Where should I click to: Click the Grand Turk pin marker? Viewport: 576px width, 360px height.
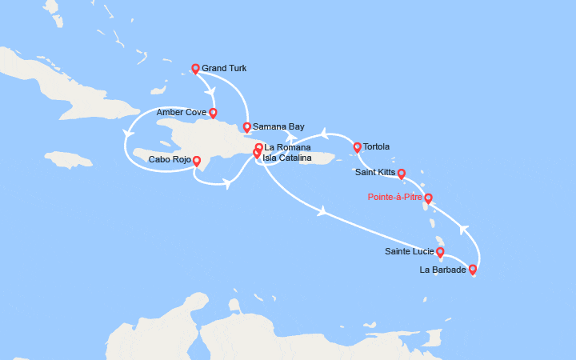195,69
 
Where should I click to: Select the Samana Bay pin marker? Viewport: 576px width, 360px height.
247,126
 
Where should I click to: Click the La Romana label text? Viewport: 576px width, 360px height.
286,147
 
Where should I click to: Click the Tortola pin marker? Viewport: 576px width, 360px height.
357,146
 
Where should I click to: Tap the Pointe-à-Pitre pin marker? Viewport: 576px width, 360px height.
428,198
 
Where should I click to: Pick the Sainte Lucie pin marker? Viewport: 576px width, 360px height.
440,252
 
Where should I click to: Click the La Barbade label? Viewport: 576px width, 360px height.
442,270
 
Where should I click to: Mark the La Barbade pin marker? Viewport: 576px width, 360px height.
473,270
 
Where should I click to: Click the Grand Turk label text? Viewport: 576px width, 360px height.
225,69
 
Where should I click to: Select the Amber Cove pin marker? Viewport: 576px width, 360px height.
213,113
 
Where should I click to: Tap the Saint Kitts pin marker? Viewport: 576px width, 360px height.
402,173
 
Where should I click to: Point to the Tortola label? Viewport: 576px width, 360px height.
376,146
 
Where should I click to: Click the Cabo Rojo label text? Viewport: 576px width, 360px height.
169,160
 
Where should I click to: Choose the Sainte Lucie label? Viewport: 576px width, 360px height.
409,251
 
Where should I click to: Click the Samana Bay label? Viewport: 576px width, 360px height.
278,126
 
